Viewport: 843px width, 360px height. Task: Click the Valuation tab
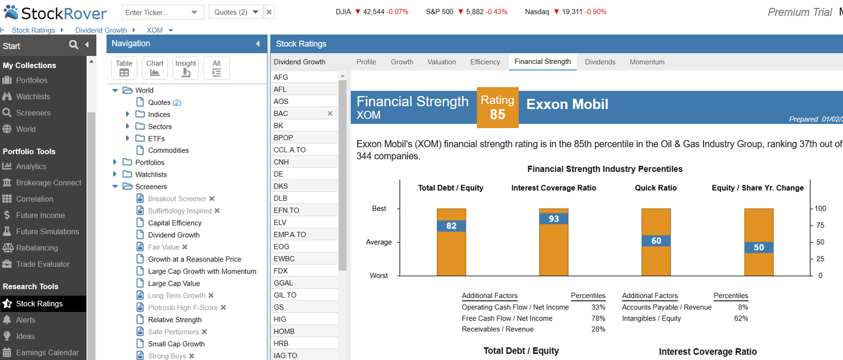coord(442,62)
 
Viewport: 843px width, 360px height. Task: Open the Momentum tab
coord(647,62)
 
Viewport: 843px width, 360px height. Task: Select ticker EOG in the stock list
coord(281,247)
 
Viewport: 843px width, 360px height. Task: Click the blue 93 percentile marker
coord(554,219)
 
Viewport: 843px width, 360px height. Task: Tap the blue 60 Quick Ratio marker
coord(656,241)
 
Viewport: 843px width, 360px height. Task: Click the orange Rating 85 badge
coord(497,108)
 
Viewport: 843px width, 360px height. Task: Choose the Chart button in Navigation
coord(155,68)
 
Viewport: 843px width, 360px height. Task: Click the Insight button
coord(185,68)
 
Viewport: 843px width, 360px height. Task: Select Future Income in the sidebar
coord(40,216)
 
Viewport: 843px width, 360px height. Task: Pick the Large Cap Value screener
coord(174,284)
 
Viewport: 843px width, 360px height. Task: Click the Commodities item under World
coord(168,151)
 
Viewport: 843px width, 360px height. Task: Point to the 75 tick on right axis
coord(820,225)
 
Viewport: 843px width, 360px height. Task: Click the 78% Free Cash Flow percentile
coord(598,318)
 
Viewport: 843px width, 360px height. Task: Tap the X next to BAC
coord(330,113)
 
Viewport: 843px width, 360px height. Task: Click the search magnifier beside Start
coord(73,45)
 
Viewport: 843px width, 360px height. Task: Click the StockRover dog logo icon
coord(11,12)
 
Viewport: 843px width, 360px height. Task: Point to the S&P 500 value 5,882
coord(475,12)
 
